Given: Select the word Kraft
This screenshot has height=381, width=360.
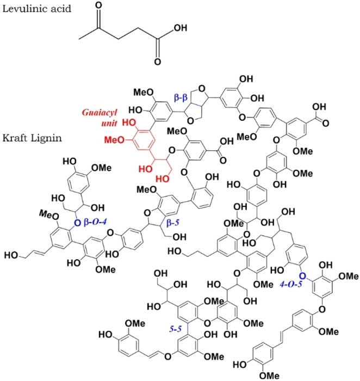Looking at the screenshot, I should click(x=14, y=134).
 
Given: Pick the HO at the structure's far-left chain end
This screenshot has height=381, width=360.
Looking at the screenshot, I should click(x=11, y=254).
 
